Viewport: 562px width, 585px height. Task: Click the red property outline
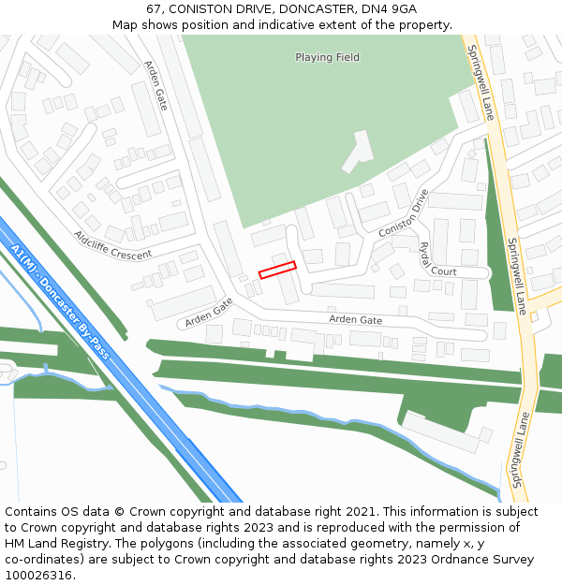pyautogui.click(x=277, y=270)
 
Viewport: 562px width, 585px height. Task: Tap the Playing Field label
pyautogui.click(x=327, y=57)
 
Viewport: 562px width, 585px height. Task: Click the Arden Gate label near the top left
pyautogui.click(x=155, y=86)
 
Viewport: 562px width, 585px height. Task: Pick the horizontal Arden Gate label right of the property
pyautogui.click(x=355, y=320)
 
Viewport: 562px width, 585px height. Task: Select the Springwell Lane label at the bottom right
pyautogui.click(x=518, y=449)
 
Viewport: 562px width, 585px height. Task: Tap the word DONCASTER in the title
pyautogui.click(x=306, y=9)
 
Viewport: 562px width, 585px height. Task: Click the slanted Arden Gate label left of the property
pyautogui.click(x=208, y=312)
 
